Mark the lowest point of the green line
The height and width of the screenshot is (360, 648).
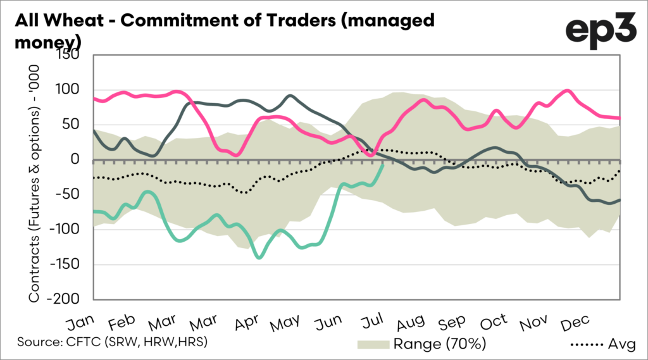[x=258, y=258]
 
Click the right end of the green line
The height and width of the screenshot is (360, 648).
[x=383, y=164]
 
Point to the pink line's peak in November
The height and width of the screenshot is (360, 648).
[x=567, y=90]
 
